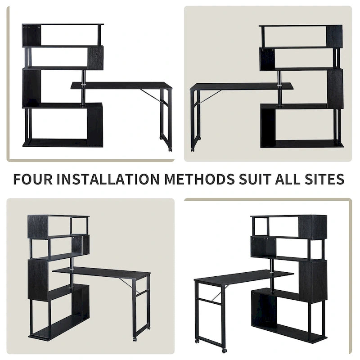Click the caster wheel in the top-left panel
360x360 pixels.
170,148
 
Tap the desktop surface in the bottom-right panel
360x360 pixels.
243,277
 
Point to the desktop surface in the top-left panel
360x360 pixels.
121,85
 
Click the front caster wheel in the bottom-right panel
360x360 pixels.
224,350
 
